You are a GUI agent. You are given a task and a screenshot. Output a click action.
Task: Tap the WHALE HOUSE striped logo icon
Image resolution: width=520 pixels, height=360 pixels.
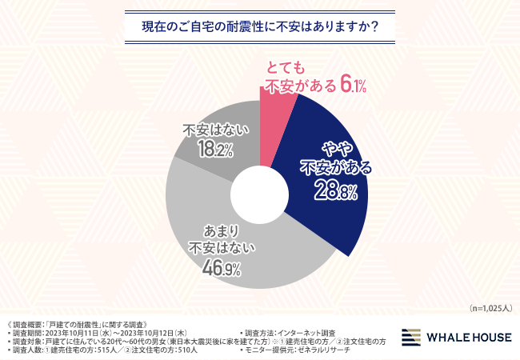pyautogui.click(x=414, y=337)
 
